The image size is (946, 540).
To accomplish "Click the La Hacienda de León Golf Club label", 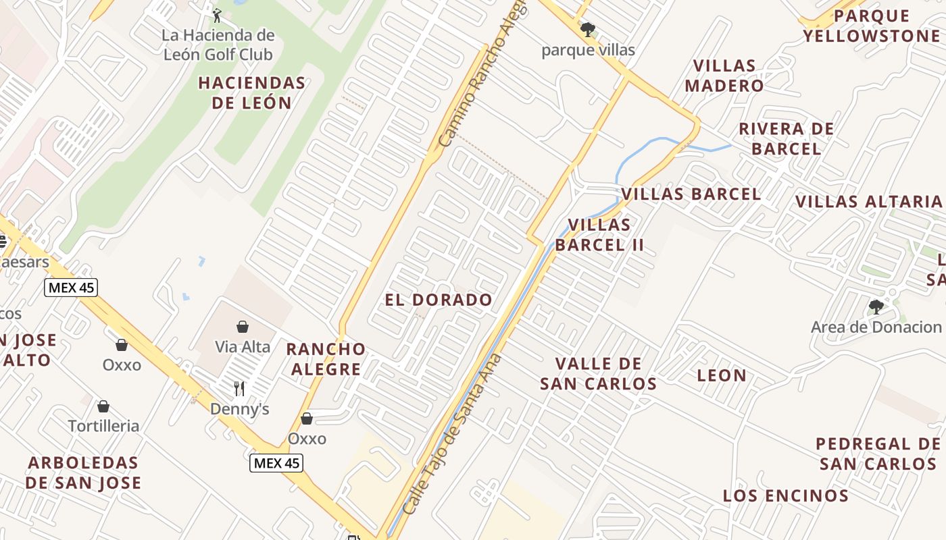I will [x=218, y=45].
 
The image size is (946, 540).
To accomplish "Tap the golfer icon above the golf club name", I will [x=217, y=15].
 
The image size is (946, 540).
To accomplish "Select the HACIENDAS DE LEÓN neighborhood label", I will [x=251, y=93].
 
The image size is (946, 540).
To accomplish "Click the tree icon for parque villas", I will [x=588, y=29].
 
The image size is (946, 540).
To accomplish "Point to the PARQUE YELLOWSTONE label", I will [x=871, y=26].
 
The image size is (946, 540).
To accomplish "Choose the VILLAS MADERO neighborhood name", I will [x=724, y=76].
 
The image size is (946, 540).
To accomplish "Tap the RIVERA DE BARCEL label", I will [x=786, y=138].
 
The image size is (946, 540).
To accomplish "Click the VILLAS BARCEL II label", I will [x=599, y=235].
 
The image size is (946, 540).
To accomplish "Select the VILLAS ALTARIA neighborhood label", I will [x=868, y=201].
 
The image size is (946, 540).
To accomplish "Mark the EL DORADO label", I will [x=439, y=300].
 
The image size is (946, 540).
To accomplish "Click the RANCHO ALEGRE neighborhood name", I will [x=326, y=359].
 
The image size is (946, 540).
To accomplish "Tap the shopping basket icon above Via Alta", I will [x=243, y=327].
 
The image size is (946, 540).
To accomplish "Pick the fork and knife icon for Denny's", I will [x=239, y=388].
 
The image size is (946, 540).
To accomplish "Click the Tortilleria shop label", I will [x=103, y=426].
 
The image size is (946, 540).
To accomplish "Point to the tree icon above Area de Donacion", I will [x=876, y=307].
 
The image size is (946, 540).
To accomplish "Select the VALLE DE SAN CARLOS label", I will [x=598, y=374].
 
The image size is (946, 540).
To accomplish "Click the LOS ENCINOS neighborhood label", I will [x=785, y=496].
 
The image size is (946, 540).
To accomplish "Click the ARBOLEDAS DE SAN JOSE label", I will [x=83, y=473].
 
